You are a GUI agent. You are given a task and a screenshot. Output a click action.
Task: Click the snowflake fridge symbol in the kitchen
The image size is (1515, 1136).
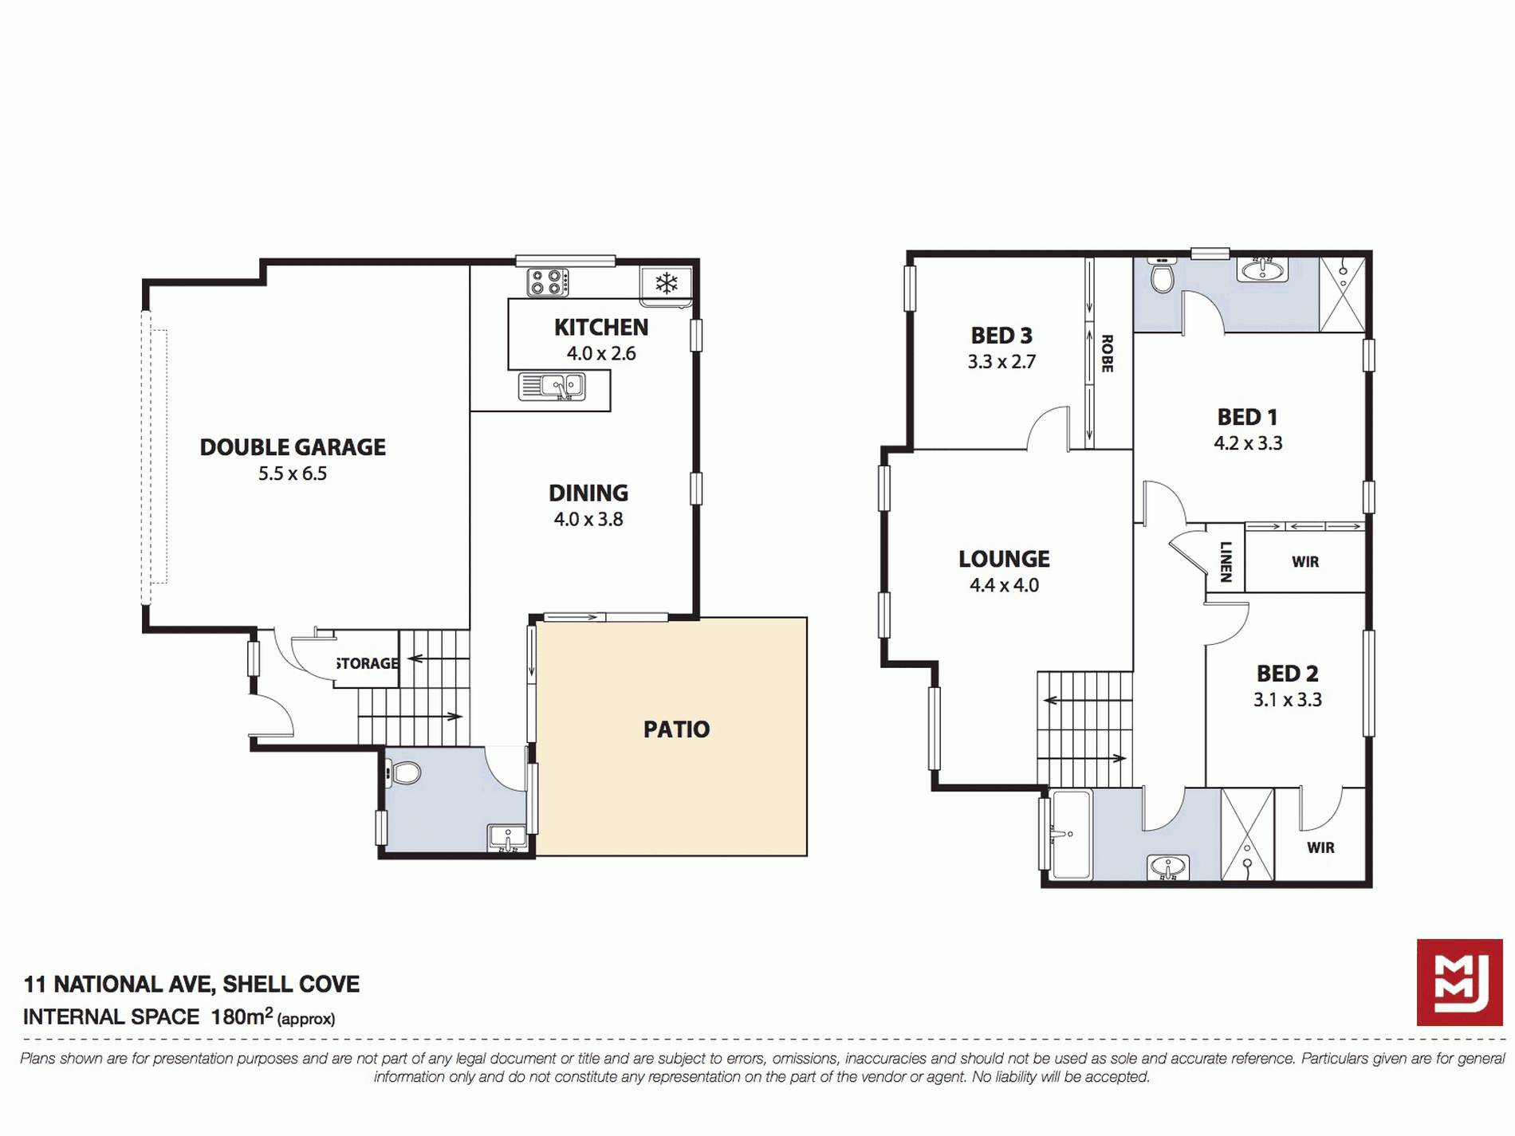tap(667, 283)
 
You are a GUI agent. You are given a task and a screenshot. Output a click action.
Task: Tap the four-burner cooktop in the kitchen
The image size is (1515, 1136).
tap(548, 282)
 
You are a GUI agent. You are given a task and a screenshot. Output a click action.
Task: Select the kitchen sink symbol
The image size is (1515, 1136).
tap(552, 387)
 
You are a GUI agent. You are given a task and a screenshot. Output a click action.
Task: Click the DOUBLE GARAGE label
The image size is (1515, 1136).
tap(293, 447)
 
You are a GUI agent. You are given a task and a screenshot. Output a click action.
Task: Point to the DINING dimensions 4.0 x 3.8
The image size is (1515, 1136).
tap(588, 519)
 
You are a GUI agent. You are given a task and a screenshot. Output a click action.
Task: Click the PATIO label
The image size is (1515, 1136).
tap(676, 729)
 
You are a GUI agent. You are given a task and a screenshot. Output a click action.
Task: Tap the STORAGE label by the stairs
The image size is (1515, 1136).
tap(368, 663)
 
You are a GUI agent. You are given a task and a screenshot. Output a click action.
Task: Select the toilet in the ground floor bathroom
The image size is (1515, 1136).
tap(403, 772)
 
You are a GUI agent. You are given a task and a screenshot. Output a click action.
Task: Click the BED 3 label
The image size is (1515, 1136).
tap(1001, 336)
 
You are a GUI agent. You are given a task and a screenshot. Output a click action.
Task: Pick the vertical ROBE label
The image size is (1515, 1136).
tap(1107, 353)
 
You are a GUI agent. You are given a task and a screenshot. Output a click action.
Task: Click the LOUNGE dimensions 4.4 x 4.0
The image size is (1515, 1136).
tap(1004, 585)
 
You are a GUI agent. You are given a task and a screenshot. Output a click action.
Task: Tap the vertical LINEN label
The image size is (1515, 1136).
tap(1226, 562)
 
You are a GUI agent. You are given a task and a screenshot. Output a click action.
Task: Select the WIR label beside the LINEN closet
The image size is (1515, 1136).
tap(1305, 562)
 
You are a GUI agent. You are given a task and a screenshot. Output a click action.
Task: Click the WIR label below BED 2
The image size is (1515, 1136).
tap(1320, 847)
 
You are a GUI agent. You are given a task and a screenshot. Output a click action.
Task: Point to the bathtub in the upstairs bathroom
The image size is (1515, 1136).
tap(1071, 835)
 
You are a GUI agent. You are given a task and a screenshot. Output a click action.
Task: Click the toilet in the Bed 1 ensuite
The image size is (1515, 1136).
tap(1163, 275)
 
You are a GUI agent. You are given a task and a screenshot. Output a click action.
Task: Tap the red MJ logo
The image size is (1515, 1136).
tap(1459, 982)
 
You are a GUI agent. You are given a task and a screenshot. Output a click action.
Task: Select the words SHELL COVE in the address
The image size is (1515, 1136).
tap(291, 985)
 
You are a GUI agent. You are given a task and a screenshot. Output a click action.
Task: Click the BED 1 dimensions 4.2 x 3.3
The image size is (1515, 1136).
tap(1248, 443)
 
